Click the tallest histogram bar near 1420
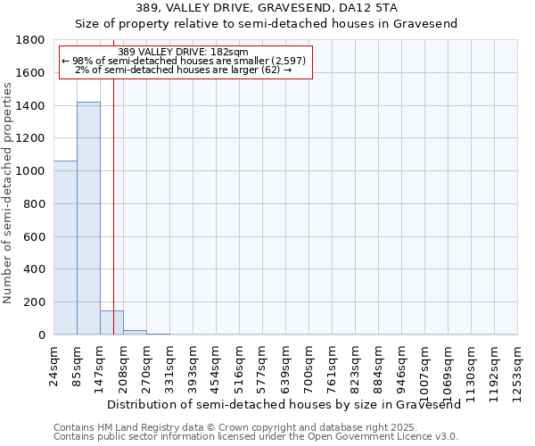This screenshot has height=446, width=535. (88, 219)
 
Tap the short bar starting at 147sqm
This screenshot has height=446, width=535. (111, 323)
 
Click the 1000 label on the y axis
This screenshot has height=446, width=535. (33, 171)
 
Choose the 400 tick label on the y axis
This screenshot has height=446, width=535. (37, 269)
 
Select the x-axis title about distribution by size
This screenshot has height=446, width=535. (289, 404)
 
